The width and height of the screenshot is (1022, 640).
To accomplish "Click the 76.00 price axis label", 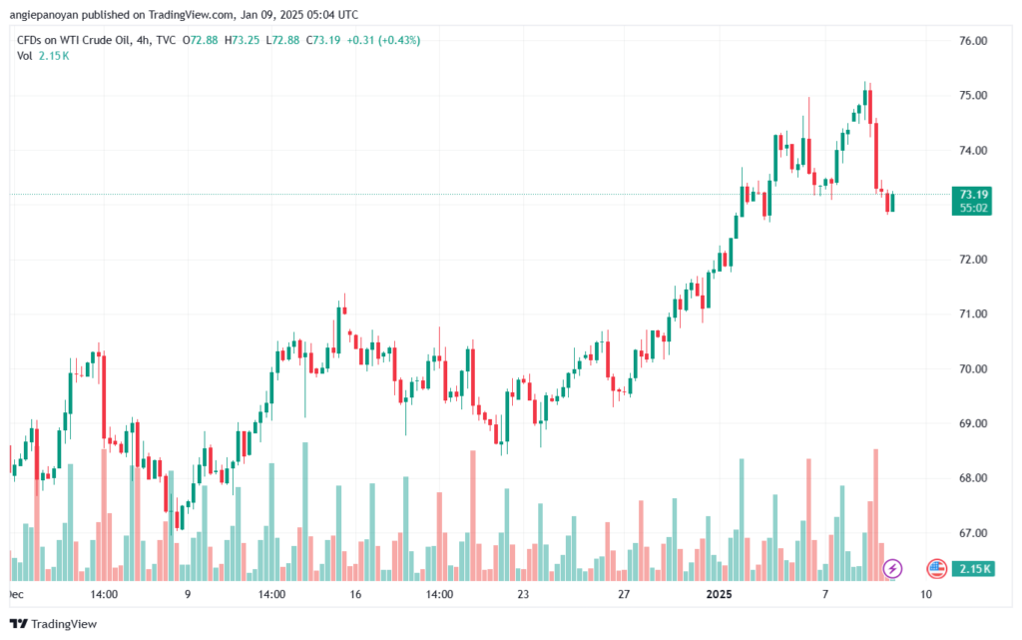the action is click(973, 40).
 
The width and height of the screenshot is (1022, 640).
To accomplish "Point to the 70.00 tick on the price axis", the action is click(973, 368).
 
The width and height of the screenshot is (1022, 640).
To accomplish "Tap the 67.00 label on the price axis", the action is click(973, 533).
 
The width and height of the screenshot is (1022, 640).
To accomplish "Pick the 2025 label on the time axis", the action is click(720, 594).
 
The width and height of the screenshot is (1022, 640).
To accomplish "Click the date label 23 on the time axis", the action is click(523, 594).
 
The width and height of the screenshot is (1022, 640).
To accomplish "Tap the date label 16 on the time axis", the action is click(355, 594).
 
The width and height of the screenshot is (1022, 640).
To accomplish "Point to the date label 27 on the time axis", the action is click(624, 594).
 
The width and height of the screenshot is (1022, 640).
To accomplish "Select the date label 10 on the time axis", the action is click(926, 594).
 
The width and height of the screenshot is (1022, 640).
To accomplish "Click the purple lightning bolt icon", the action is click(892, 569).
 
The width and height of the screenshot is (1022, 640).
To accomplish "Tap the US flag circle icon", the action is click(936, 569).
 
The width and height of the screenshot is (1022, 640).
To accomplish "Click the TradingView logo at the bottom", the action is click(54, 624).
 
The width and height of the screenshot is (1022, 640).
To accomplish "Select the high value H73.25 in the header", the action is click(242, 40).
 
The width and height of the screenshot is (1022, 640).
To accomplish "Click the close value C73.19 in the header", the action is click(323, 40).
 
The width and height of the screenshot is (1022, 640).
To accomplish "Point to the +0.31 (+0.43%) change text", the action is click(383, 40).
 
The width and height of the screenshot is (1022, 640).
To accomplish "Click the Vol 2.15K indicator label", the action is click(43, 56).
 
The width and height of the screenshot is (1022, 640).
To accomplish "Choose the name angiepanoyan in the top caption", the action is click(44, 14).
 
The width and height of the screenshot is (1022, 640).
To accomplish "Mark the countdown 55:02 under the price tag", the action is click(972, 209).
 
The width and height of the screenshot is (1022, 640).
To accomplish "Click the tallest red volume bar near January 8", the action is click(876, 515).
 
